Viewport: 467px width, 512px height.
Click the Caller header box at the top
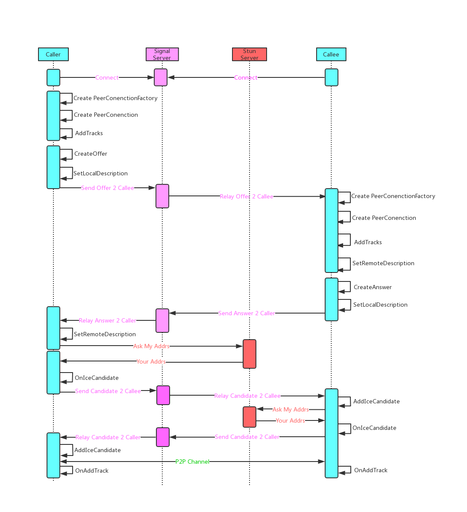[53, 54]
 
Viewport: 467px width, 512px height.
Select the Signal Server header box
[162, 54]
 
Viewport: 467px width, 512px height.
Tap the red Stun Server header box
[250, 54]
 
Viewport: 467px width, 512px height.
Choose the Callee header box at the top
[331, 54]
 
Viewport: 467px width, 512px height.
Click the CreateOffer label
[91, 154]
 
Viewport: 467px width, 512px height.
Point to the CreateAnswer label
[373, 287]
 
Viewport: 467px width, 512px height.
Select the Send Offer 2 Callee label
[108, 188]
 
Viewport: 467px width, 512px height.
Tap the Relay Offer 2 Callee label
[247, 197]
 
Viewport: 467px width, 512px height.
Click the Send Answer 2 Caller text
[247, 314]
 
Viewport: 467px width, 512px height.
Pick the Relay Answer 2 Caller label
[107, 321]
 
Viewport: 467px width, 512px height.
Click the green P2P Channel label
[192, 462]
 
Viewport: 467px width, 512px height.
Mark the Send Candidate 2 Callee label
[108, 391]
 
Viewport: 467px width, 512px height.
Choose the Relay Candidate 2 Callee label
[247, 396]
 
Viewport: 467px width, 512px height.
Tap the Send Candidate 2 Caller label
[247, 437]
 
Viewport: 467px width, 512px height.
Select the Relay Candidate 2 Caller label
[108, 438]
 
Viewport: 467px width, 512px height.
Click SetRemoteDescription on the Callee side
[383, 263]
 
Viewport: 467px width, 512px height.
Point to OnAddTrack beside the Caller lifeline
[92, 471]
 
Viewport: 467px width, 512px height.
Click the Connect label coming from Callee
[246, 78]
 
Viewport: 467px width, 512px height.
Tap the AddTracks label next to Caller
[89, 133]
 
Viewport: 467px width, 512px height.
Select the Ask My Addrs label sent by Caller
[151, 346]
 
